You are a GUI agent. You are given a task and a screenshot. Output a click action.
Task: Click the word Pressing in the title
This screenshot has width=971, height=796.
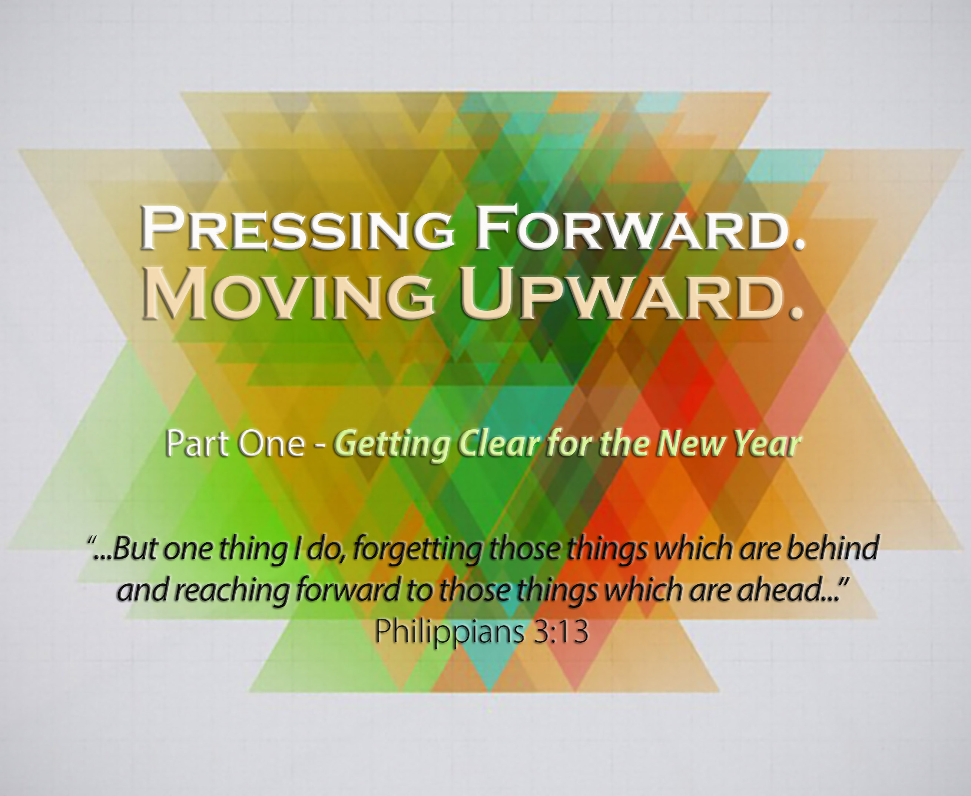(x=297, y=228)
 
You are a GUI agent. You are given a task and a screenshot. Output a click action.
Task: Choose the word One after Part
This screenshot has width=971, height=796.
(x=271, y=443)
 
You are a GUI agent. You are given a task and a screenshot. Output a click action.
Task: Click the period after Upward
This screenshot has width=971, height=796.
(x=798, y=313)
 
